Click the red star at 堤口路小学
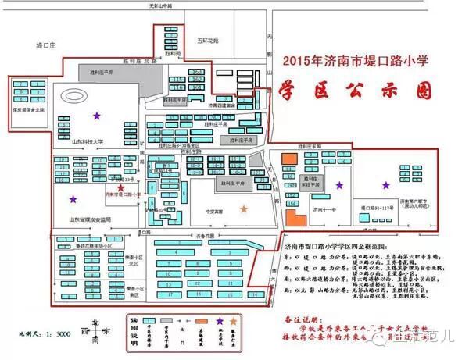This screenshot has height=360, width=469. (x=120, y=188)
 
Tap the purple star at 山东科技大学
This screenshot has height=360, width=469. (x=96, y=116)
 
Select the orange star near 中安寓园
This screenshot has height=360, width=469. (x=245, y=209)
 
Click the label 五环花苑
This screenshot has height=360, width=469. (x=208, y=40)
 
